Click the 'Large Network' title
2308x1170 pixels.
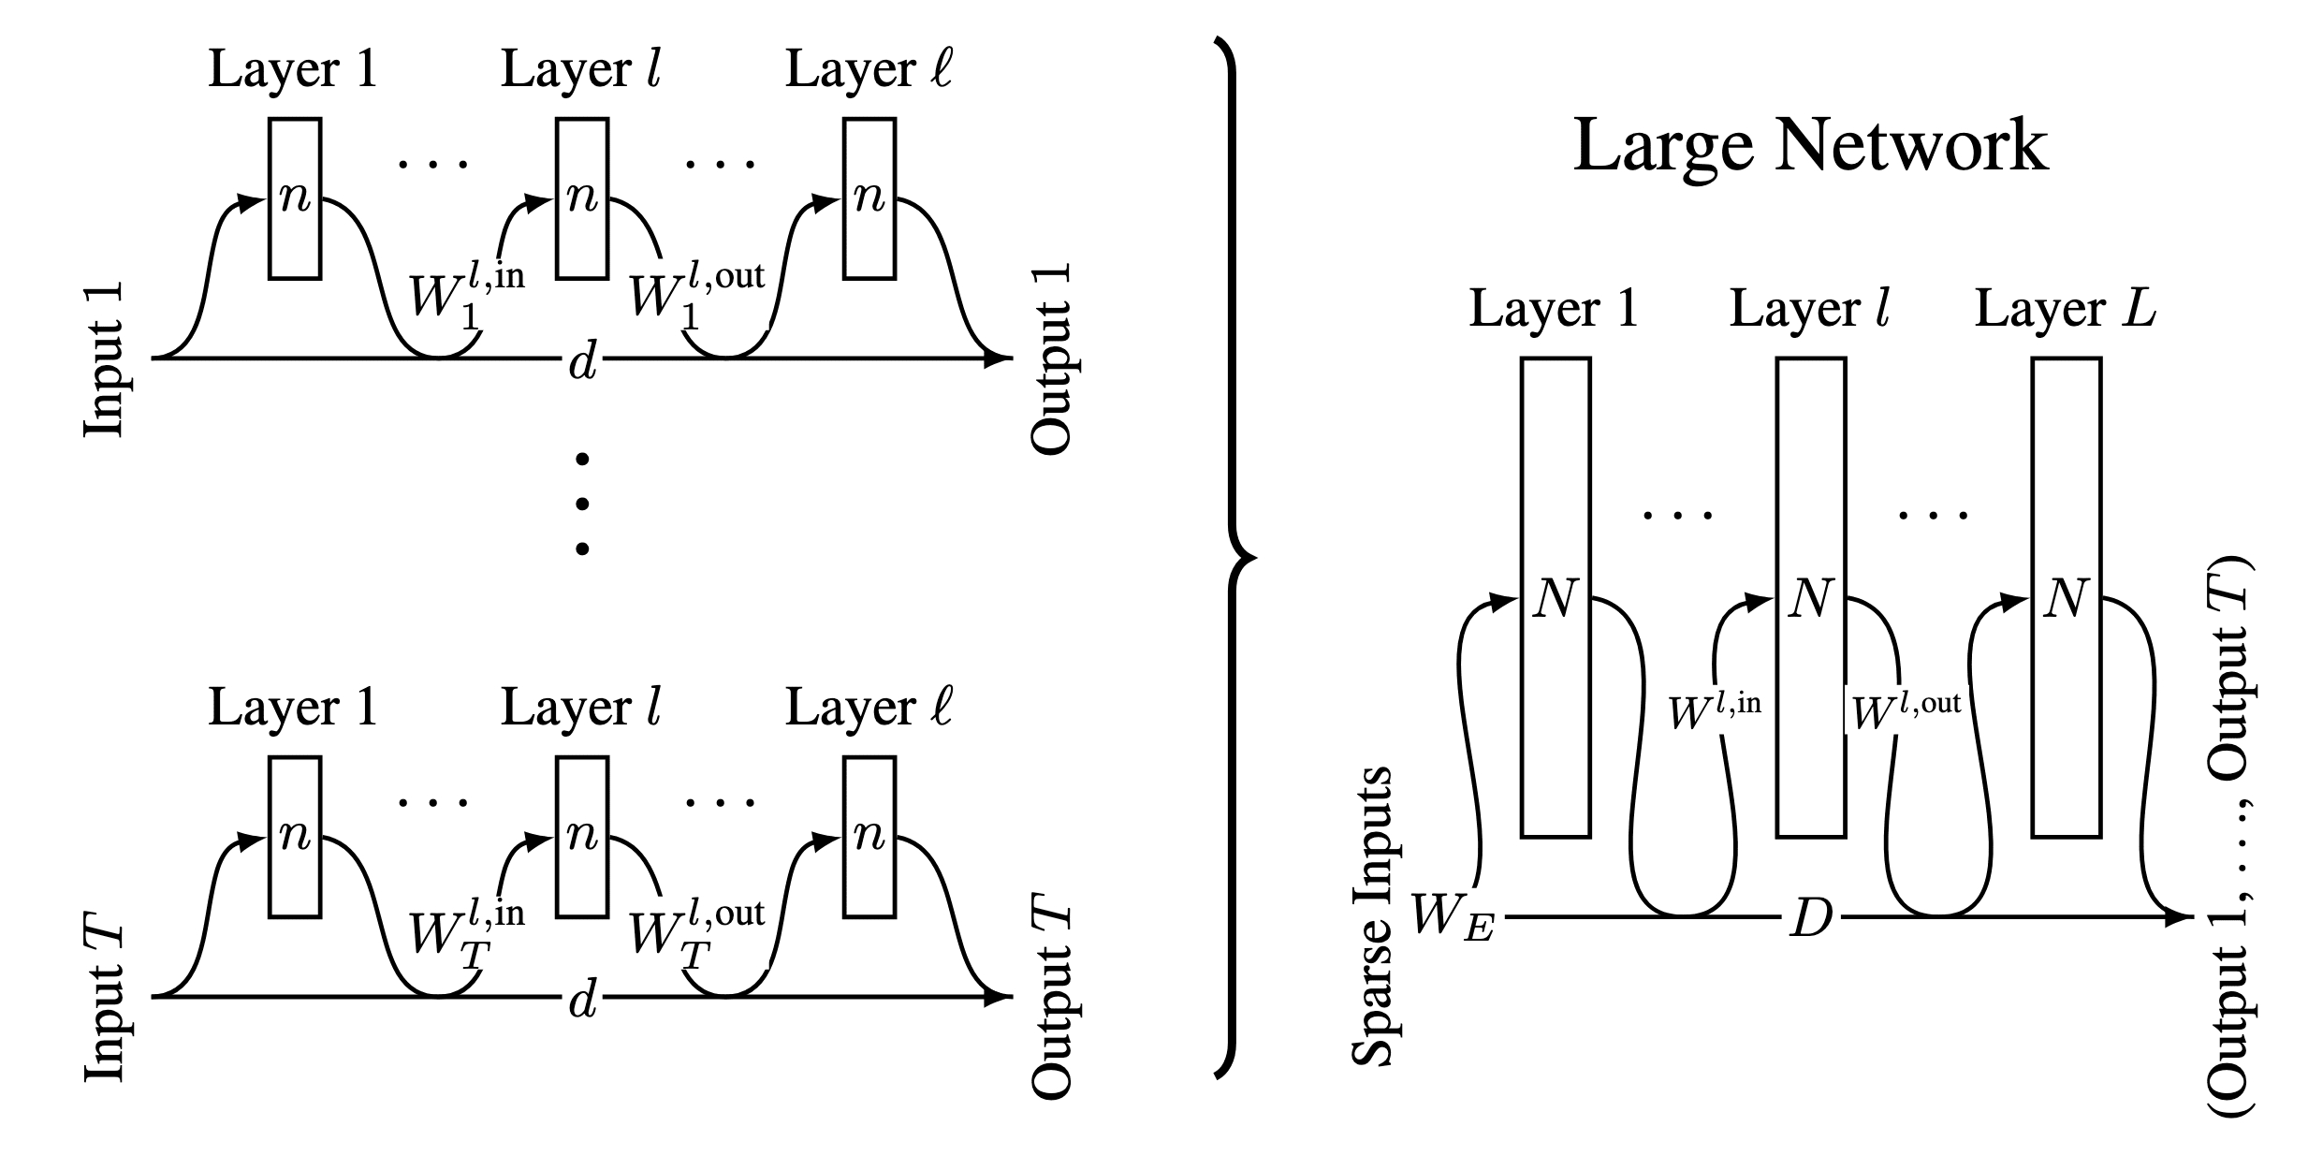pyautogui.click(x=1810, y=146)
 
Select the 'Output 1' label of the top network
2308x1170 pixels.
pyautogui.click(x=1052, y=360)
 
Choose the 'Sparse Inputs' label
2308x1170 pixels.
pyautogui.click(x=1372, y=917)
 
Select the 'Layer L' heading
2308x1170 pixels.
pyautogui.click(x=2065, y=309)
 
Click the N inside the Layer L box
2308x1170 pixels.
pyautogui.click(x=2066, y=598)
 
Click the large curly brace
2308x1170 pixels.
pyautogui.click(x=1234, y=559)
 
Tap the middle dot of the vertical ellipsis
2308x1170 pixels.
pyautogui.click(x=582, y=504)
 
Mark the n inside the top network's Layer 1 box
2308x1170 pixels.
pyautogui.click(x=295, y=197)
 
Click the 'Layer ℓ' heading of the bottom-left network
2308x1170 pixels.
pyautogui.click(x=869, y=708)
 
